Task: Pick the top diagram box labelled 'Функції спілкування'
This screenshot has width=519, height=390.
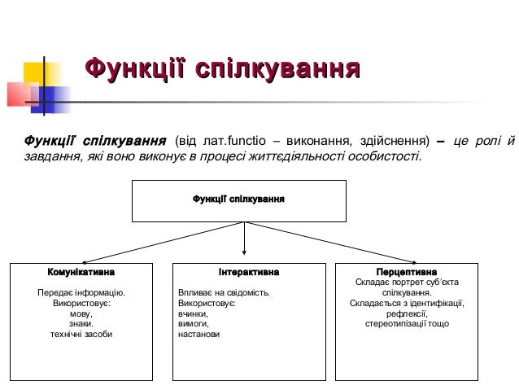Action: click(x=239, y=200)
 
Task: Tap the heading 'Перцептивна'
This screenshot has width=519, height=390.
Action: click(x=407, y=271)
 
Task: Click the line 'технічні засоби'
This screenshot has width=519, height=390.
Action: click(x=81, y=335)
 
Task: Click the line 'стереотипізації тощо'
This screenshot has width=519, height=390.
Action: click(x=407, y=324)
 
